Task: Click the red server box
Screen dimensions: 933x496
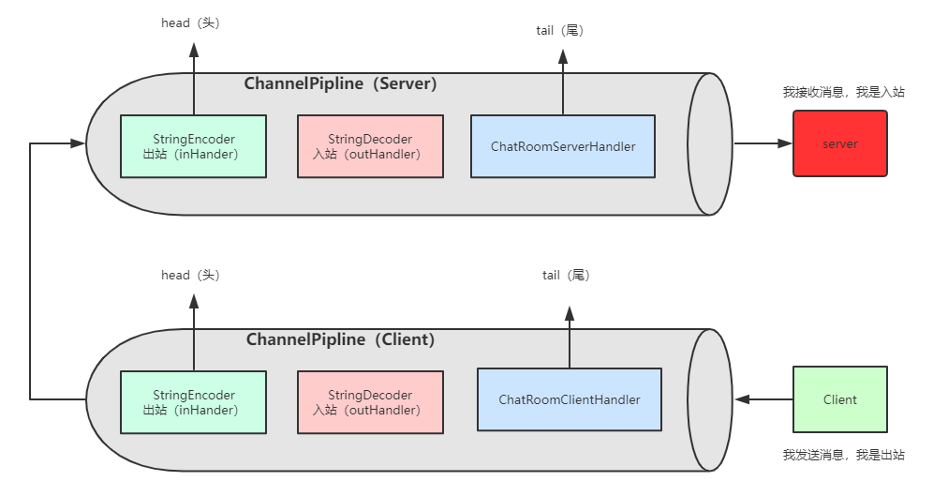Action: (x=839, y=143)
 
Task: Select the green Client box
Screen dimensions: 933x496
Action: (x=839, y=399)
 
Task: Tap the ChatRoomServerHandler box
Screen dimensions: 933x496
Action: (x=563, y=146)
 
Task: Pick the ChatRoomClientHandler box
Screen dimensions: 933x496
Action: (x=570, y=399)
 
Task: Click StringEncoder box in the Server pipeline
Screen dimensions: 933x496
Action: (x=193, y=146)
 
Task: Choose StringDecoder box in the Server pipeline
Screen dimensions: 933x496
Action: (x=370, y=146)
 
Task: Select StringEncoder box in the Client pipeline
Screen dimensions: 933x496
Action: (x=193, y=402)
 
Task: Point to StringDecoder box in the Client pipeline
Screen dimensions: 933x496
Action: (x=370, y=402)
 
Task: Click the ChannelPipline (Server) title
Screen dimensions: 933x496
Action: (x=340, y=83)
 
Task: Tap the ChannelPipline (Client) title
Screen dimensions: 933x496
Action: (x=340, y=339)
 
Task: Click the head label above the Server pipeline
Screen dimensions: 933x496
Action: (x=190, y=23)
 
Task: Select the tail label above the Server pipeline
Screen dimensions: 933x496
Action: (x=560, y=30)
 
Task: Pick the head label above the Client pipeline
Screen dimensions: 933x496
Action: (x=190, y=275)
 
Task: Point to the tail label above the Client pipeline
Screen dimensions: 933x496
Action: (x=566, y=275)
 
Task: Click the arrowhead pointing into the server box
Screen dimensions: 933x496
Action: (x=785, y=143)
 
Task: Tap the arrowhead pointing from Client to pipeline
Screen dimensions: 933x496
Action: (x=743, y=399)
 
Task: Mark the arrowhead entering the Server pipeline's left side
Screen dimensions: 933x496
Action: (x=78, y=143)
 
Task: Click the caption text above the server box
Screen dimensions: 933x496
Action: (x=844, y=92)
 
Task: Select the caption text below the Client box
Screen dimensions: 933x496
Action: (x=844, y=456)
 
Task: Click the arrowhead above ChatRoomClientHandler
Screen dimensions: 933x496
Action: (x=570, y=314)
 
